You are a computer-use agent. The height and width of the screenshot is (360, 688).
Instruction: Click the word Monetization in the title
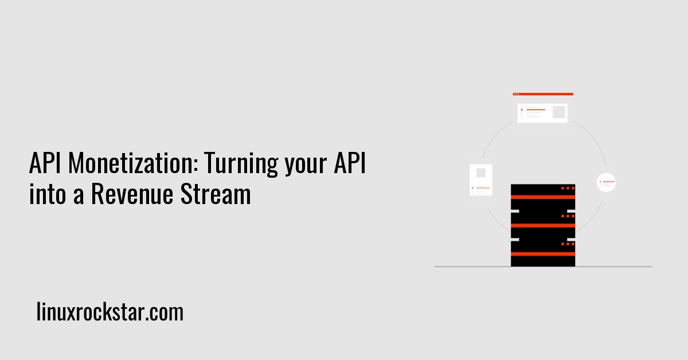(x=134, y=166)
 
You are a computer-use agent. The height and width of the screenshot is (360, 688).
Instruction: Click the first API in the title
(x=46, y=166)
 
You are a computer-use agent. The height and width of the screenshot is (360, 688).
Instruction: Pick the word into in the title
(x=46, y=194)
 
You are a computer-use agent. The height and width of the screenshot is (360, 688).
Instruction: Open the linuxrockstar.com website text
(x=110, y=312)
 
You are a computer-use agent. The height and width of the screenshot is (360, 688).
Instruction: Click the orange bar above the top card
(x=542, y=94)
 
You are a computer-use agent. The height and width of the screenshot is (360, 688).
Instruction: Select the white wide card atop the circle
(x=542, y=112)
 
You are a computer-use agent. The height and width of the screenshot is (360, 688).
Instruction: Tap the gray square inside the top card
(x=558, y=112)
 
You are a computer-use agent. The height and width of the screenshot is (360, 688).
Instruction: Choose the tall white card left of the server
(x=480, y=179)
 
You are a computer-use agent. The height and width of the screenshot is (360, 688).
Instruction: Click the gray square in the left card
(x=480, y=173)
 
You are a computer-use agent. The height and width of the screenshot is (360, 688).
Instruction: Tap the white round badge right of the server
(x=606, y=183)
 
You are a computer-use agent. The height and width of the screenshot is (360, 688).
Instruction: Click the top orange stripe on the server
(x=542, y=197)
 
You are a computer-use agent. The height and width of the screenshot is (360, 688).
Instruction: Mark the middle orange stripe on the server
(x=542, y=225)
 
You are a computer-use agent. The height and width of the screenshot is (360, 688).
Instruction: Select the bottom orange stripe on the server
(x=542, y=253)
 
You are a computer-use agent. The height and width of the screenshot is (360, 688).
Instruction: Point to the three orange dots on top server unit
(x=567, y=188)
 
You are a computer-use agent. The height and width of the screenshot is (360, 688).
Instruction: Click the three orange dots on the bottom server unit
(x=567, y=244)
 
